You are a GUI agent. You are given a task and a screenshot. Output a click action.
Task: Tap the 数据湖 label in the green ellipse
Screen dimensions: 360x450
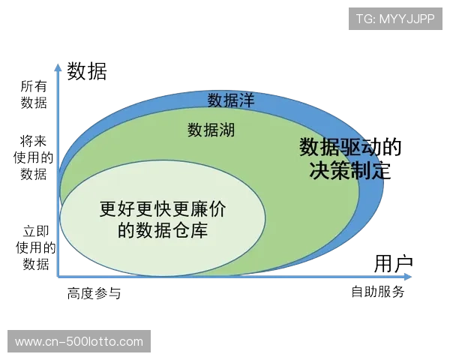[211, 130]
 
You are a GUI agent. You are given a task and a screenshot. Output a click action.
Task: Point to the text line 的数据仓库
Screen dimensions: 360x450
[162, 230]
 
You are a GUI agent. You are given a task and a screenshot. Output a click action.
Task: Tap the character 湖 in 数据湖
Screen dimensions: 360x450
[227, 130]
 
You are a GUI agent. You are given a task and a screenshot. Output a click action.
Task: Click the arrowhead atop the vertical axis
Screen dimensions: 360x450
[58, 66]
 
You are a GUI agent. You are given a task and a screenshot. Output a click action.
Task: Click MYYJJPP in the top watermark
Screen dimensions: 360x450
[406, 18]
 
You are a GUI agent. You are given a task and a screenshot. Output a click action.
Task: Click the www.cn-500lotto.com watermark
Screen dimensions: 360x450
[79, 342]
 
